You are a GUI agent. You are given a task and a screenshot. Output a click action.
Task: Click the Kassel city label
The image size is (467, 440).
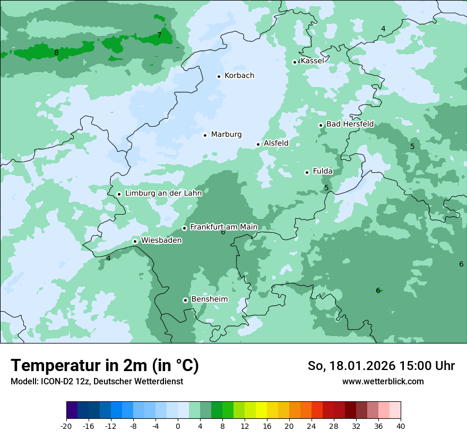tap(312, 61)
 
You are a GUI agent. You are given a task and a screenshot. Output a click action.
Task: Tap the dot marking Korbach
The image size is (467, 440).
tap(219, 76)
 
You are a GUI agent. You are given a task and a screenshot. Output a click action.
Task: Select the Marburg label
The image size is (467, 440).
tap(226, 135)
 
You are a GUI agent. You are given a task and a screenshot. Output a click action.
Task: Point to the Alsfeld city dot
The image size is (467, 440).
tap(258, 144)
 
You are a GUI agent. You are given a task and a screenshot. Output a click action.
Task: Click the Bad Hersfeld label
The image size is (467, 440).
tap(350, 124)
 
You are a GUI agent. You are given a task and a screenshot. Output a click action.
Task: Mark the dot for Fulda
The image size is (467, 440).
tap(307, 172)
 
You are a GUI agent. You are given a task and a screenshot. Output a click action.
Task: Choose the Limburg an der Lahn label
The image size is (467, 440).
tap(163, 193)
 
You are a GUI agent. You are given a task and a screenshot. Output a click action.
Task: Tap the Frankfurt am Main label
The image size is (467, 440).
tap(223, 227)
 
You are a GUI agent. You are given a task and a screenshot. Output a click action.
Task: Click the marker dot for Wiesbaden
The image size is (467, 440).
tap(135, 242)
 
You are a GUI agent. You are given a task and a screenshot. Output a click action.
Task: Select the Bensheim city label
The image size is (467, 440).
tap(209, 300)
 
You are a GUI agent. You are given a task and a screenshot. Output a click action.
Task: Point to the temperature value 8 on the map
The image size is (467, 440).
tap(56, 52)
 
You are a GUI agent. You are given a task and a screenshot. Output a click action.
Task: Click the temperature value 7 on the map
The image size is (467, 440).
tap(159, 36)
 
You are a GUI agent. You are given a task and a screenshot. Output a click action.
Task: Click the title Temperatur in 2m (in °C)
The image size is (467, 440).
tap(105, 366)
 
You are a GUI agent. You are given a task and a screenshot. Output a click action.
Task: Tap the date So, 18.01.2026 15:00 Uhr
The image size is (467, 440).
tap(381, 366)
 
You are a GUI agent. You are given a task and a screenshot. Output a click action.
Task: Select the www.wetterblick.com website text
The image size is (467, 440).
tap(383, 381)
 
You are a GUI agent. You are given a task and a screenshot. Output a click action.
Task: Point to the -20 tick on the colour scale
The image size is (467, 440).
tap(66, 426)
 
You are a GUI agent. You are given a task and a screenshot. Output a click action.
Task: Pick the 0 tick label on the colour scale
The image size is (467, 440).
tap(178, 426)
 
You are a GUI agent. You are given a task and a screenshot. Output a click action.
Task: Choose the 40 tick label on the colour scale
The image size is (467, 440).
tap(401, 426)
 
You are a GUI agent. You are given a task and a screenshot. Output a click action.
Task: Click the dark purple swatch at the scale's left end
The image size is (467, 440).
tap(72, 410)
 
